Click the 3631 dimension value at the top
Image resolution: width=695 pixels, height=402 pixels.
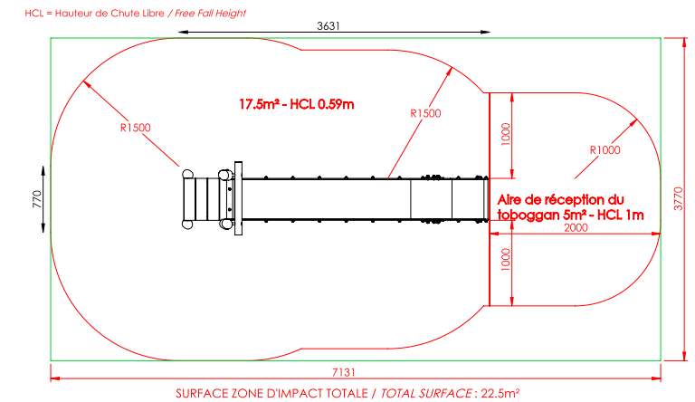tap(328, 26)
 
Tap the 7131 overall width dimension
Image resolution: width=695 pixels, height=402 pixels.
tap(344, 372)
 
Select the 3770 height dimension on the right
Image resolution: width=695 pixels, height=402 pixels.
tap(679, 199)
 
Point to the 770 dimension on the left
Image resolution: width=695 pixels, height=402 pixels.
tap(37, 199)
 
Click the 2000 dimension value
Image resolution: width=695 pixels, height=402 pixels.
tap(576, 227)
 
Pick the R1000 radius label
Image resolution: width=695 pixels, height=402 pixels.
tap(605, 150)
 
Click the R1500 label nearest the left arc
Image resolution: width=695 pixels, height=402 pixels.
tap(136, 128)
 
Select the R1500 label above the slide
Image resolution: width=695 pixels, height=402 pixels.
tap(425, 113)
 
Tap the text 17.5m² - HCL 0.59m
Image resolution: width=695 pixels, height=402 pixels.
tap(297, 104)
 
